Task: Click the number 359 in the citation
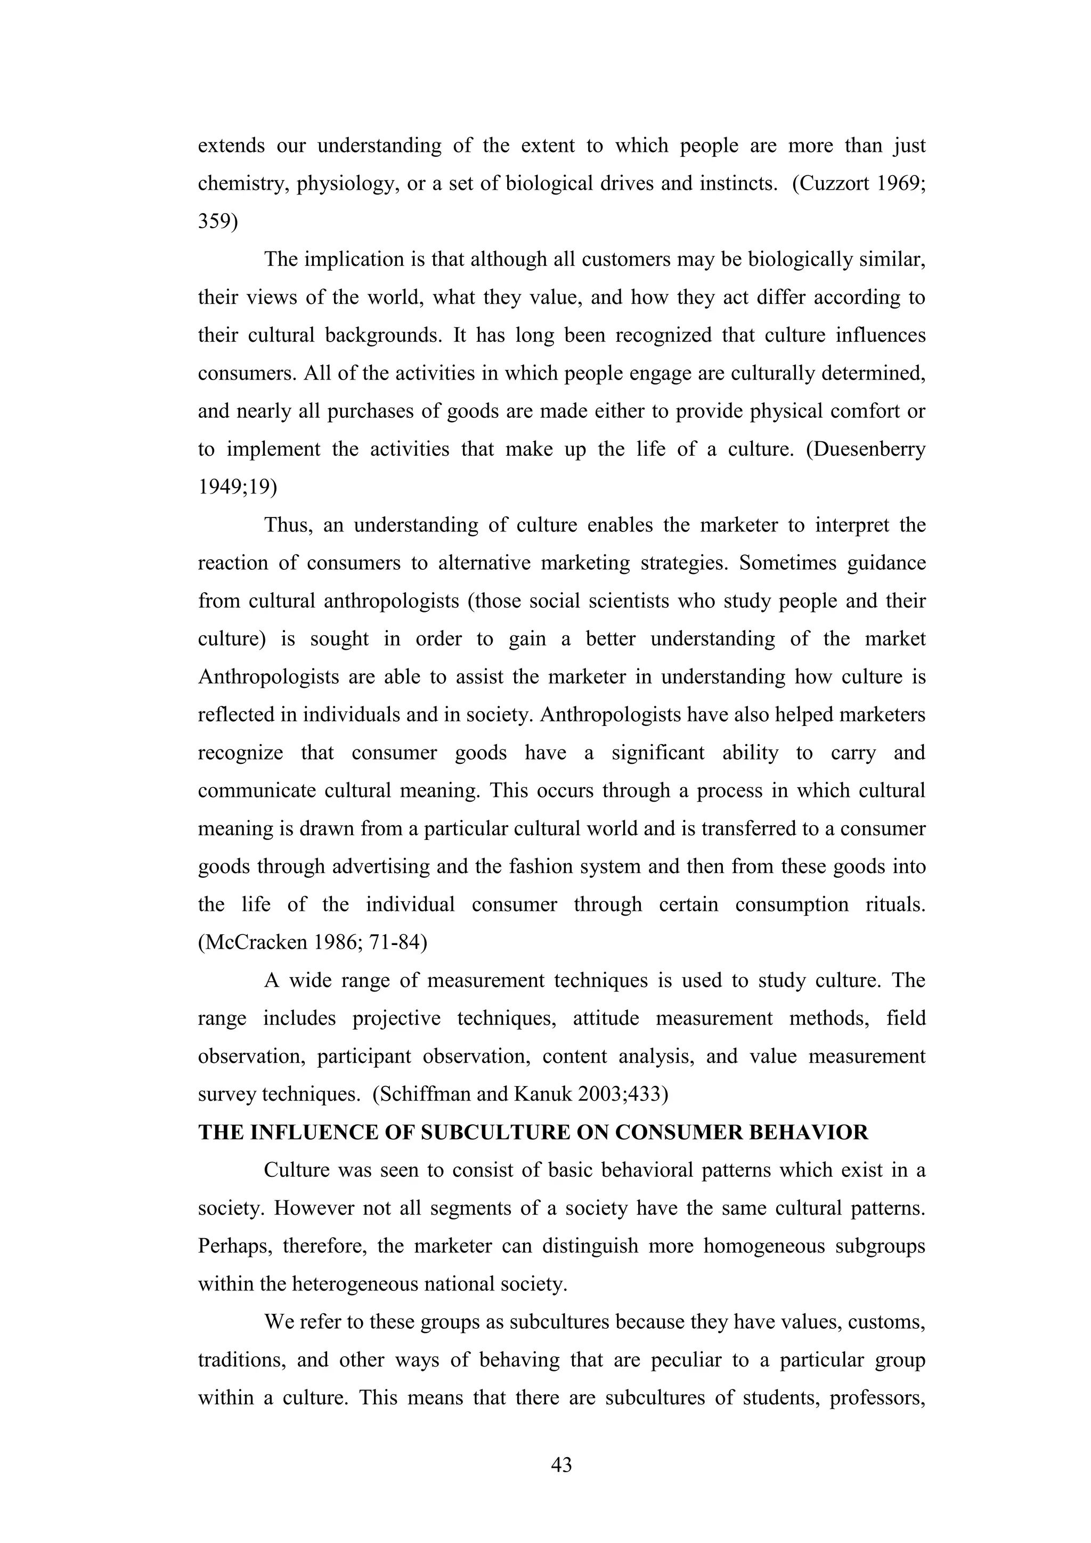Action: [215, 221]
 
